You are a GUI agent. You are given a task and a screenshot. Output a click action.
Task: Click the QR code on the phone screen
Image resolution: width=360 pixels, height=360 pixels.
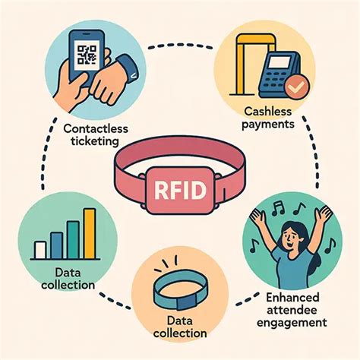87,55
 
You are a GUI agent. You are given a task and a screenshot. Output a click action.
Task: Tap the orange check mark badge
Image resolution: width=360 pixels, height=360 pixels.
297,87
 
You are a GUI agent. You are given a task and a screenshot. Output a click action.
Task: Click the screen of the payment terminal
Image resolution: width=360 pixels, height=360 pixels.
279,62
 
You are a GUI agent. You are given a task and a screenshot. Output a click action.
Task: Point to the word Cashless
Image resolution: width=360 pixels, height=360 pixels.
268,112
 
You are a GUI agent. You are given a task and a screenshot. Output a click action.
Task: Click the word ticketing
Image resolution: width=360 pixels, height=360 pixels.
95,142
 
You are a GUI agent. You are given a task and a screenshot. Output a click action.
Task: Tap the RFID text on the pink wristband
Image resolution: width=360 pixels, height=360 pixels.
180,190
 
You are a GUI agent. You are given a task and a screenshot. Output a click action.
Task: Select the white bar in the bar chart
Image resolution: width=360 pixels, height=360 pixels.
40,250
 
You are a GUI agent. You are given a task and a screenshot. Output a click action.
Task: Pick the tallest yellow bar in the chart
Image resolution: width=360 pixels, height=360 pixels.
90,234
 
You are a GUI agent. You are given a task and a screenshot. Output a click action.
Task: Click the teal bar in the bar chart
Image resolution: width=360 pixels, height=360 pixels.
73,240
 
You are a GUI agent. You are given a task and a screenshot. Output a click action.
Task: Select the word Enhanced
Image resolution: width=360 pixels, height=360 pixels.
292,298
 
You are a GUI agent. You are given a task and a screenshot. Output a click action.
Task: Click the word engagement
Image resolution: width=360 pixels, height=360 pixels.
292,324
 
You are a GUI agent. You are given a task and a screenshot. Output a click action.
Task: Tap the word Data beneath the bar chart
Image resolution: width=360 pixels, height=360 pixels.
68,273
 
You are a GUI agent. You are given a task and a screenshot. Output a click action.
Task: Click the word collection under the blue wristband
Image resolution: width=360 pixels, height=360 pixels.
180,333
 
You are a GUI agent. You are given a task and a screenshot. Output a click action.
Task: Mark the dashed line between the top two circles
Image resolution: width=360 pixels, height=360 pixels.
180,46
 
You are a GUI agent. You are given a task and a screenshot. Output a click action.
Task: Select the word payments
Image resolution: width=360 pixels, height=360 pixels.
268,125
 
